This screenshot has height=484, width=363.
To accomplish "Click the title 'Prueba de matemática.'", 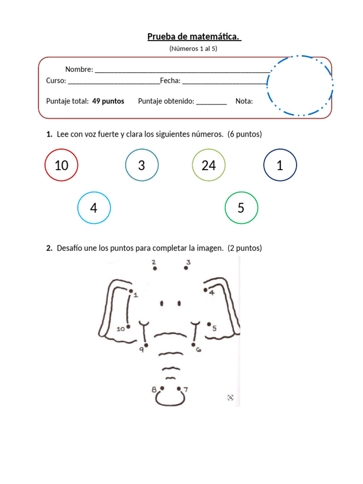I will [x=194, y=37].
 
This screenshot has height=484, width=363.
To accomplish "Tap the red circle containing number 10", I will [x=61, y=165].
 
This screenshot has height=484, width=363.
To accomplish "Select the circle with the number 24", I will [x=208, y=165].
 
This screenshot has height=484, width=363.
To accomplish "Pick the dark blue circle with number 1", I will [x=280, y=165].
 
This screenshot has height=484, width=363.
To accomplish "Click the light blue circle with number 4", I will [x=94, y=208].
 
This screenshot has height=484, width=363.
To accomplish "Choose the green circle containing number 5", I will [x=241, y=208].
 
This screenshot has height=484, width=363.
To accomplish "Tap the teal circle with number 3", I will [x=141, y=165].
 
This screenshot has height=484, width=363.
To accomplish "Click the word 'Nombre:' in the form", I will [x=79, y=69].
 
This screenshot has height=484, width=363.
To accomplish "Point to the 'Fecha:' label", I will [x=170, y=81].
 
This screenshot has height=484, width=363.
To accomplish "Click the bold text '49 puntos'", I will [x=108, y=101].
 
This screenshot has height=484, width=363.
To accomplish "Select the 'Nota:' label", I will [x=244, y=101].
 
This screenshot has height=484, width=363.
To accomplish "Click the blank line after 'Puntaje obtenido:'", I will [x=211, y=103].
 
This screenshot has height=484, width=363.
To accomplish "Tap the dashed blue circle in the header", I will [x=300, y=86].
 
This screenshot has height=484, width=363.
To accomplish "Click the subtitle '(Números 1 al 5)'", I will [x=193, y=49].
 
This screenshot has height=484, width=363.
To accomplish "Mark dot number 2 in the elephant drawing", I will [x=155, y=268].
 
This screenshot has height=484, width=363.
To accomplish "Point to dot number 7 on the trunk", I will [x=179, y=389].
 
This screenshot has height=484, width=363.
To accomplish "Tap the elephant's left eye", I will [x=162, y=303].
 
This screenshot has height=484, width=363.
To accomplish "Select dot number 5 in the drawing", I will [x=209, y=324].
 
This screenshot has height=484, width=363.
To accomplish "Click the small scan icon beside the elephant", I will [x=230, y=398].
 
